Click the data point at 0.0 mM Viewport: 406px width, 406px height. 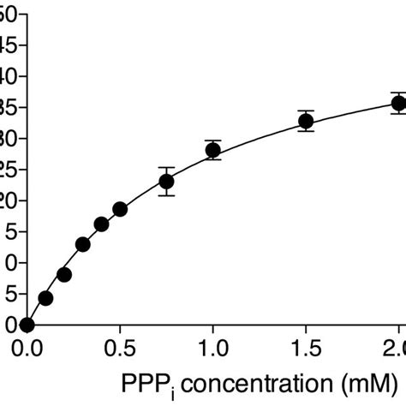tap(27, 325)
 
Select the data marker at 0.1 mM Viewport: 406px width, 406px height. tap(46, 298)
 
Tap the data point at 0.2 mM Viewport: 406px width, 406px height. tap(64, 275)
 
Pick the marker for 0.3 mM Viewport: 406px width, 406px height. tap(83, 244)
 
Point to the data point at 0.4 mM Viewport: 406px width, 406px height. tap(101, 224)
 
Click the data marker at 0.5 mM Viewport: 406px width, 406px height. tap(120, 209)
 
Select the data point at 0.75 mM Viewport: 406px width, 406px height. tap(166, 181)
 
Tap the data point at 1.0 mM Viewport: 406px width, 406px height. tap(213, 150)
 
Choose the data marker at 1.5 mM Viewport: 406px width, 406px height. tap(306, 122)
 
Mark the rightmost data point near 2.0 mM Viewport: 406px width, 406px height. tap(398, 104)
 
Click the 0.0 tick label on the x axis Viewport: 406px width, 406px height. tap(27, 349)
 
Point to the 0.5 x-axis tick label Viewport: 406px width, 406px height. tap(120, 349)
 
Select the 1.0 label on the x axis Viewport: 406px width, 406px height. tap(213, 349)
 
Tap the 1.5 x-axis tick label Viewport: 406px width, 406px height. tap(306, 349)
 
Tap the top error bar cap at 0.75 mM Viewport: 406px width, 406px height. tap(166, 167)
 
